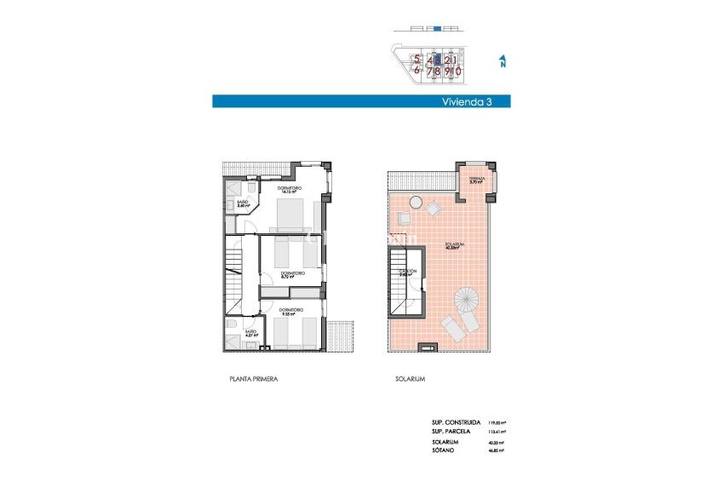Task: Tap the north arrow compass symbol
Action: (503, 61)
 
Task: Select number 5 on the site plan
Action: (417, 60)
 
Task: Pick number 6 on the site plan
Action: (417, 72)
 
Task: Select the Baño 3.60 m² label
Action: (242, 204)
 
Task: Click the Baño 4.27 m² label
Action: (250, 334)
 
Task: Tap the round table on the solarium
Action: (415, 203)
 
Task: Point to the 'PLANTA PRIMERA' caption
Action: (254, 379)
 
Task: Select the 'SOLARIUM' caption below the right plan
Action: (410, 379)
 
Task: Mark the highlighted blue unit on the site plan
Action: (437, 60)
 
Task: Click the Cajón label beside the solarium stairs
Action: (408, 272)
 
